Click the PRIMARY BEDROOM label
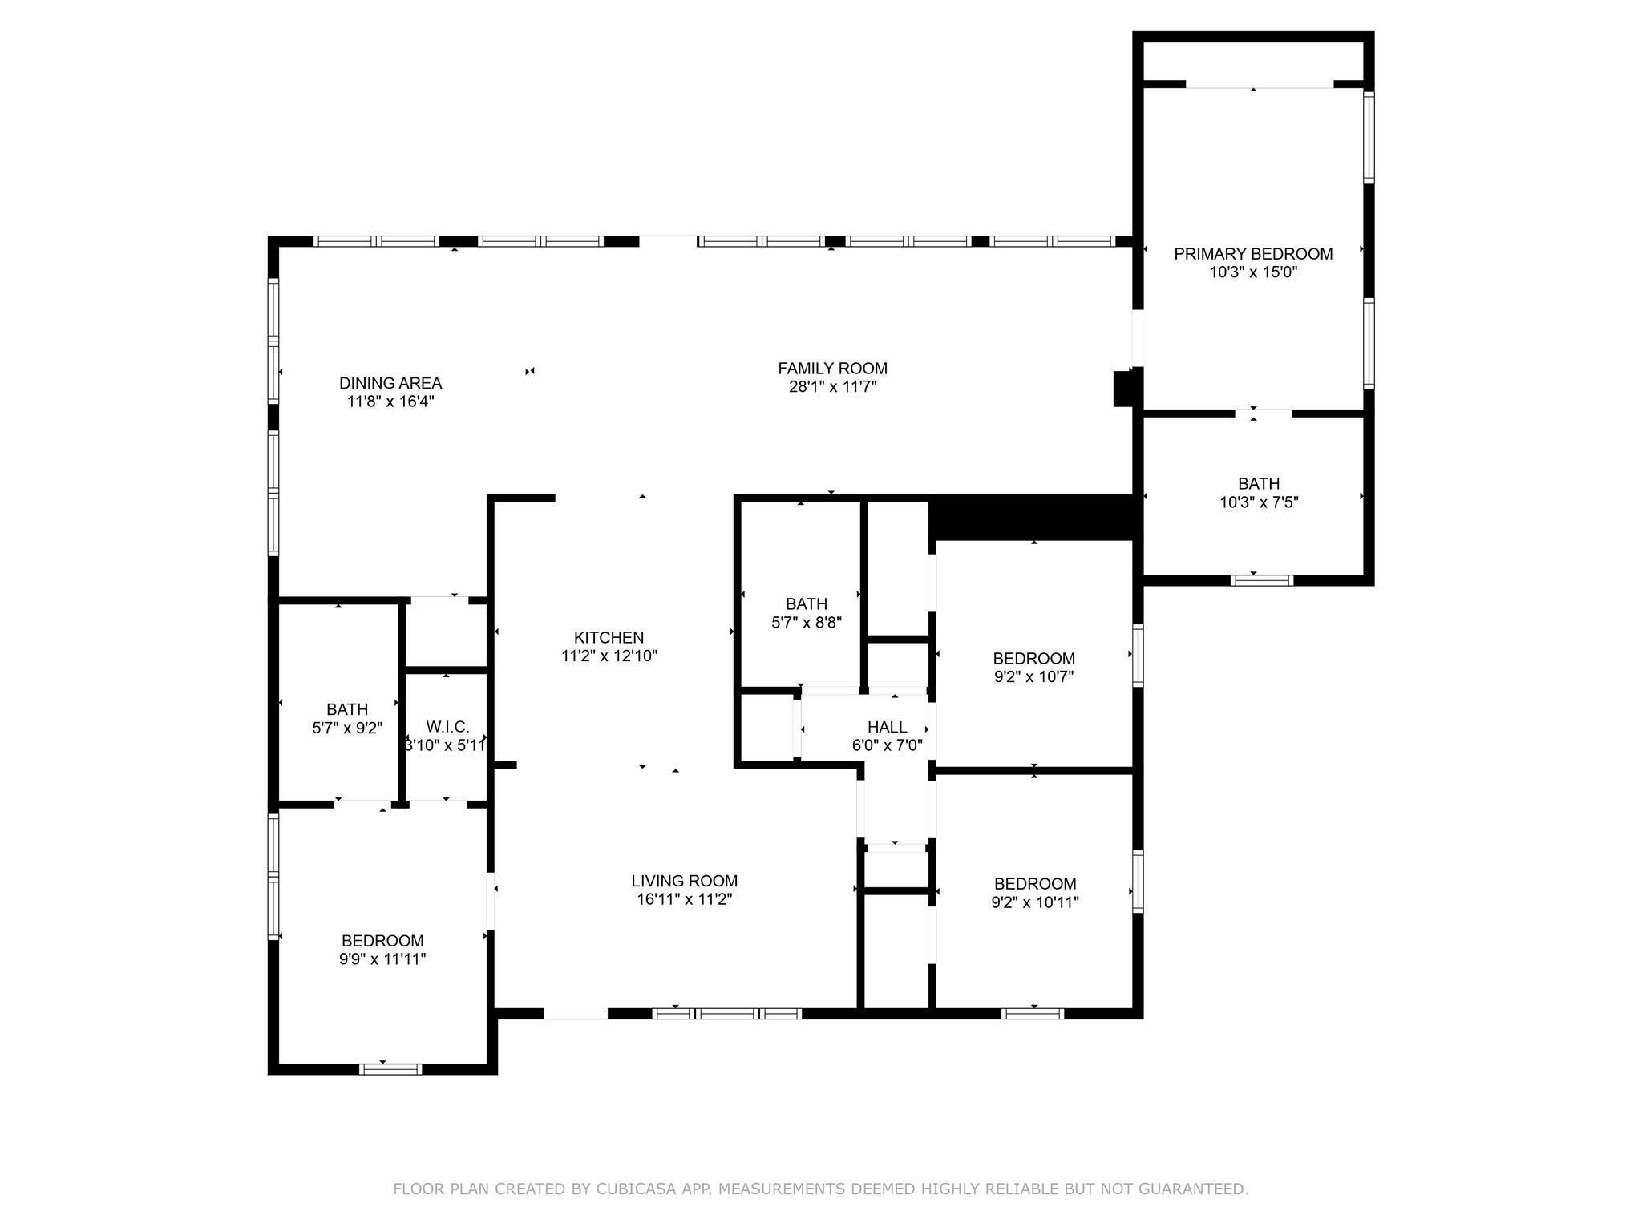(x=1253, y=254)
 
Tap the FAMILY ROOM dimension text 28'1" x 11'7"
(x=832, y=387)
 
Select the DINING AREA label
(x=390, y=383)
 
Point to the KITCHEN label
(x=609, y=637)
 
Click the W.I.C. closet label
(x=447, y=727)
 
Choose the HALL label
(x=887, y=727)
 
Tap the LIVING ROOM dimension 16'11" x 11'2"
(x=684, y=899)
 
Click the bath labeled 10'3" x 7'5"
(x=1258, y=493)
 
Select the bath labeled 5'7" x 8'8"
(x=806, y=613)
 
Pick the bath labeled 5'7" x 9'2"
(x=347, y=718)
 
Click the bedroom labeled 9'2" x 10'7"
(x=1033, y=667)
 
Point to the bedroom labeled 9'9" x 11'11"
(x=382, y=949)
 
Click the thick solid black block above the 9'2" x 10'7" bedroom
(x=1034, y=517)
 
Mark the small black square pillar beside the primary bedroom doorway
(x=1124, y=389)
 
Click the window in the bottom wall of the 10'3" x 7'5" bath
(x=1262, y=580)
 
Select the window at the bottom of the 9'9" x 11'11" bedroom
(x=390, y=1068)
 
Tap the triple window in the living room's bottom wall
(x=726, y=1014)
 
